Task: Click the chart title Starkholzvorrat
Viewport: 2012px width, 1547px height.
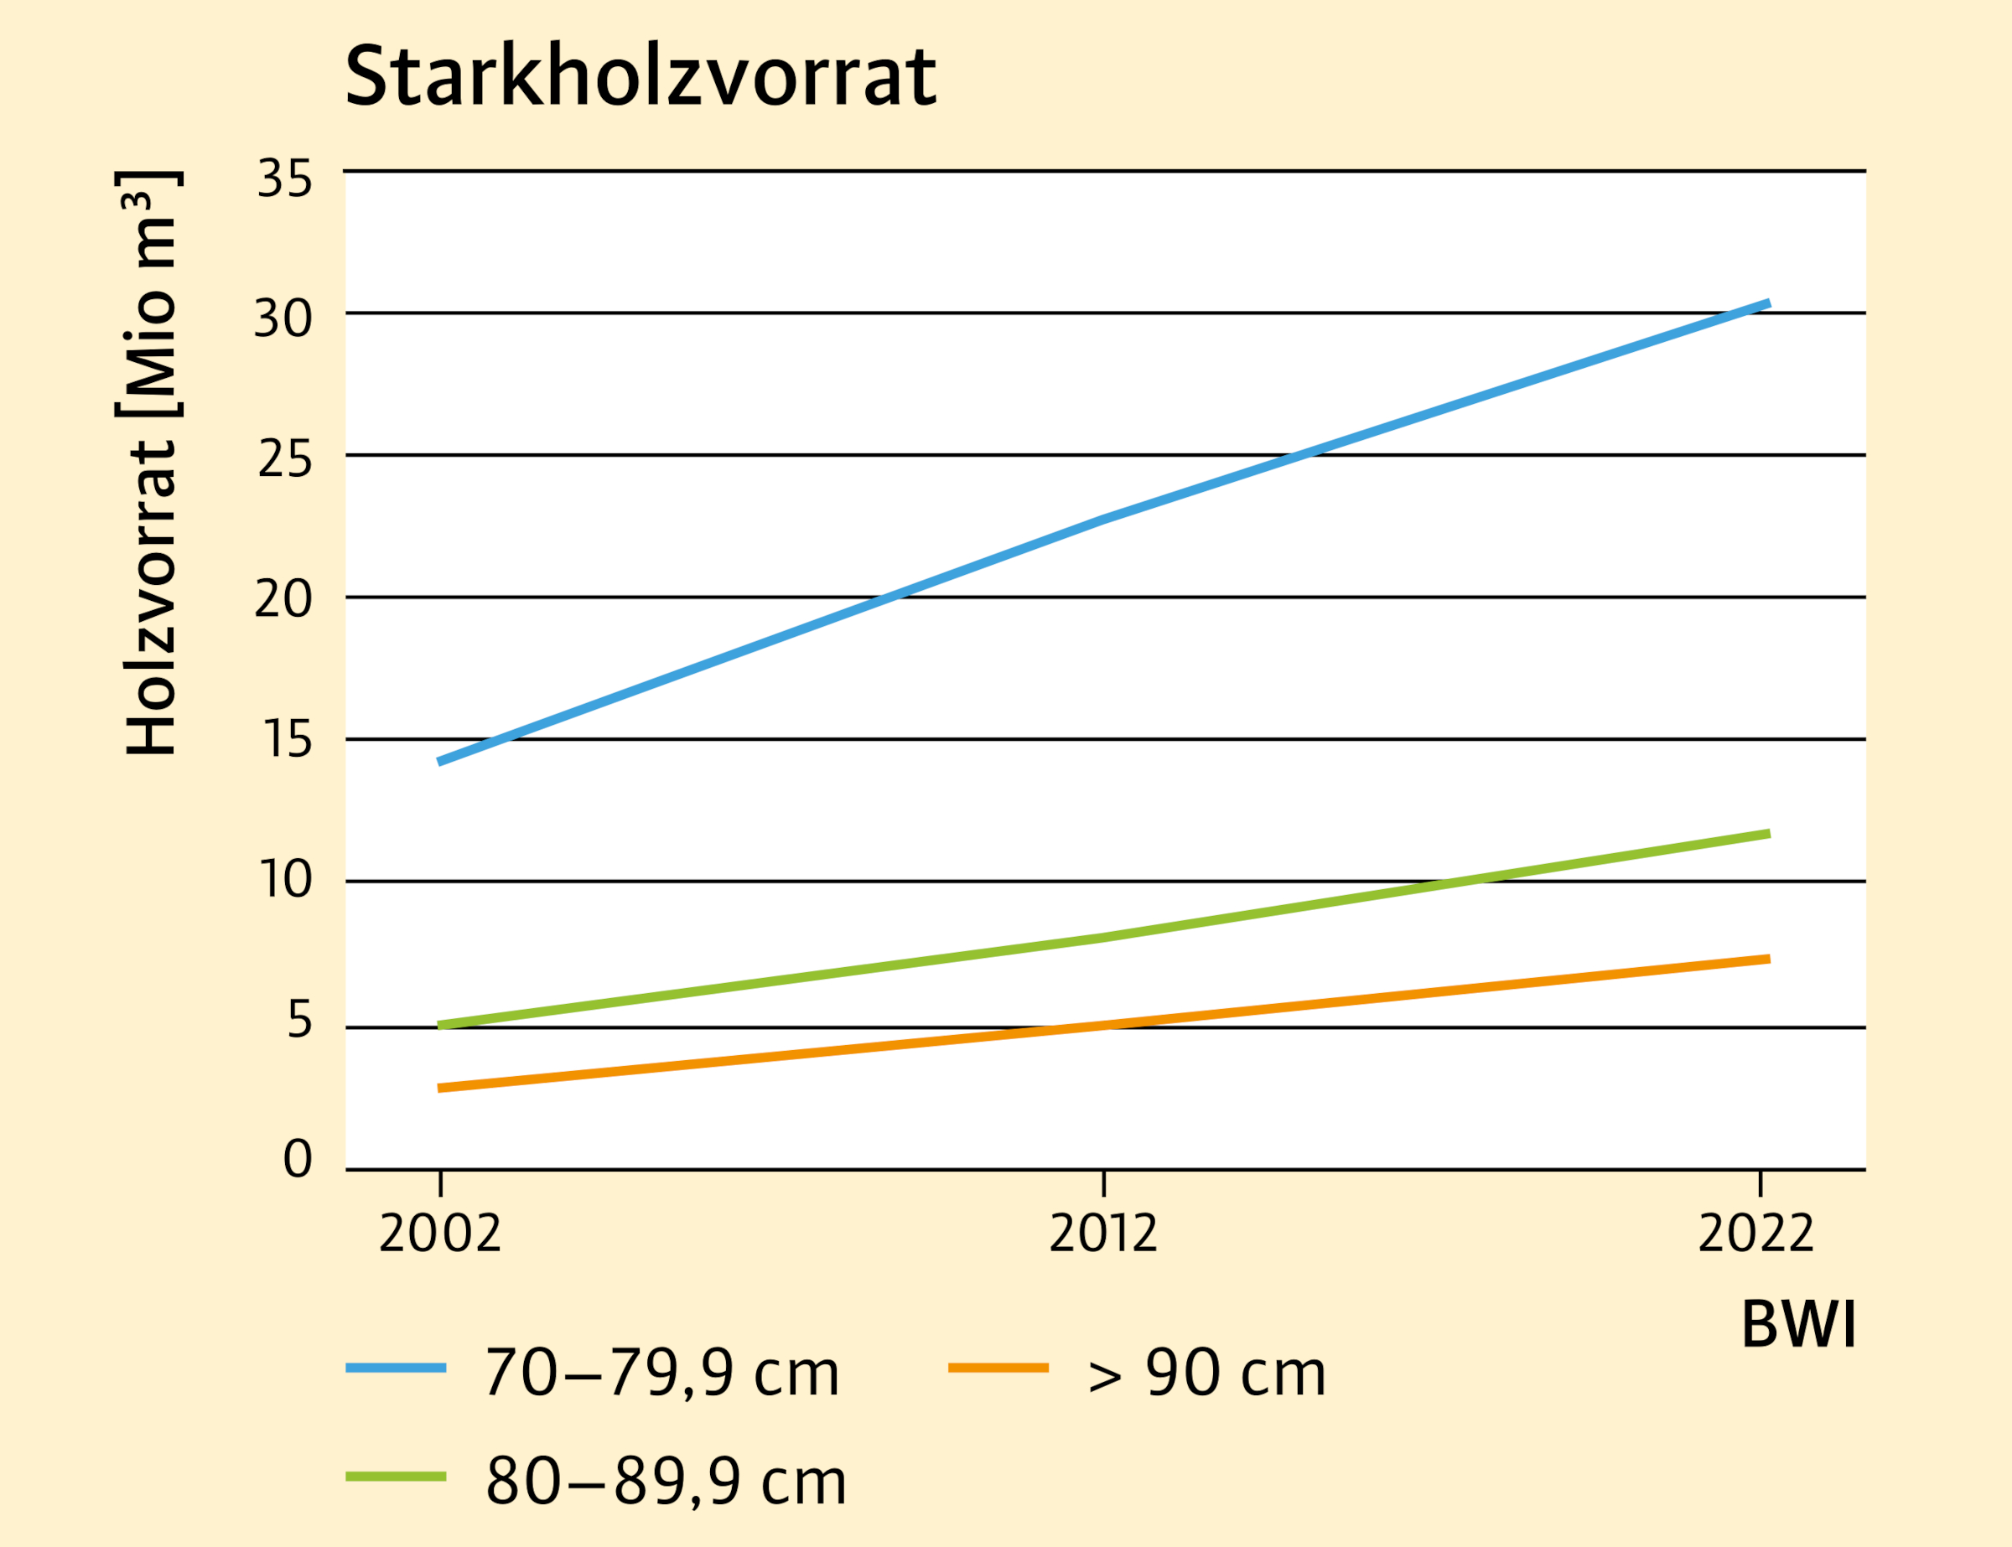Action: pyautogui.click(x=640, y=76)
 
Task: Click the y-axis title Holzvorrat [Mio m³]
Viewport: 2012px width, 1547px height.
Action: pyautogui.click(x=150, y=463)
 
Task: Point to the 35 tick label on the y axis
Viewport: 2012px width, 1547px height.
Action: pyautogui.click(x=285, y=178)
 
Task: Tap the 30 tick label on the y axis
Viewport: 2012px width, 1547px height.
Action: pyautogui.click(x=283, y=319)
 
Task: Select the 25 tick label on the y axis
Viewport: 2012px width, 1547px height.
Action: pyautogui.click(x=285, y=460)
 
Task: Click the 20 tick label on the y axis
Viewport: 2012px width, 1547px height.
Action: pyautogui.click(x=283, y=600)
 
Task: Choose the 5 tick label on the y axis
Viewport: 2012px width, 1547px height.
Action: pyautogui.click(x=299, y=1019)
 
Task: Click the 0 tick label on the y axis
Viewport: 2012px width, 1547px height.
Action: pyautogui.click(x=298, y=1158)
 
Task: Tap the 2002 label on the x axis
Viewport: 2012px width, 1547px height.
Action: pyautogui.click(x=439, y=1233)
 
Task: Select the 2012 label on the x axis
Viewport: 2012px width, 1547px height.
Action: pyautogui.click(x=1102, y=1233)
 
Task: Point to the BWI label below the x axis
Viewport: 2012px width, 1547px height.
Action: pyautogui.click(x=1798, y=1326)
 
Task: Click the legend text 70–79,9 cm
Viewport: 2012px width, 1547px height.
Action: pyautogui.click(x=662, y=1374)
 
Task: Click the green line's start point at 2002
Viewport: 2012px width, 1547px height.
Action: pyautogui.click(x=440, y=1025)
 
